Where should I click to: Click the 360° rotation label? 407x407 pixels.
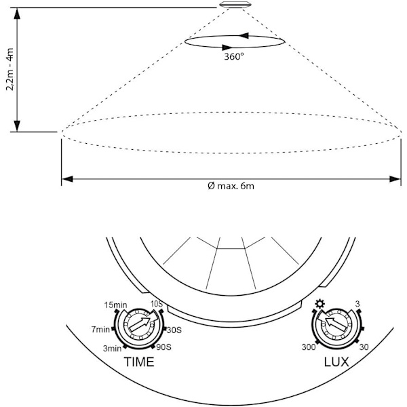pos(234,56)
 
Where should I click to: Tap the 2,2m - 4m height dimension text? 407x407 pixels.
pos(10,69)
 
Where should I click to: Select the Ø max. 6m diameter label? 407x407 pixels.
pos(231,186)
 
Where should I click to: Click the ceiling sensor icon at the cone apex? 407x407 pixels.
pos(235,5)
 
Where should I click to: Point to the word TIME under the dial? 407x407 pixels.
pos(139,362)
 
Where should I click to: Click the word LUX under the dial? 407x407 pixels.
pos(336,362)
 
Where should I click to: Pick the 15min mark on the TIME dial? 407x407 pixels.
pos(115,305)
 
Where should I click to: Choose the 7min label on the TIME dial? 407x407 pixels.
pos(100,330)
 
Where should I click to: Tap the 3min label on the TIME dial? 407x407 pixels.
pos(112,348)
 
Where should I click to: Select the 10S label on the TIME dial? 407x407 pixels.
pos(157,304)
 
